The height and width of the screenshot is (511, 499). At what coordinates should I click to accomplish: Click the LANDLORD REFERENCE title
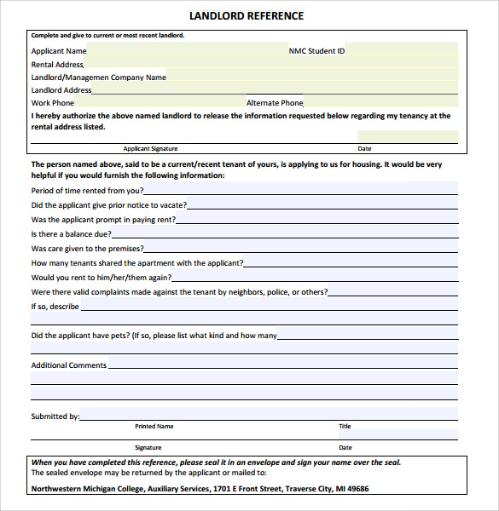pos(246,16)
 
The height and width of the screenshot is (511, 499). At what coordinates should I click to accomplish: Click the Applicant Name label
pos(59,51)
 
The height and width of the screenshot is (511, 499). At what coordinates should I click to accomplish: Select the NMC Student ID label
pos(316,51)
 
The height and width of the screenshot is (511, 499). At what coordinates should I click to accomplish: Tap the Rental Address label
pos(57,65)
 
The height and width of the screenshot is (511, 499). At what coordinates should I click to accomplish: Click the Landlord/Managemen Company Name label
pos(98,78)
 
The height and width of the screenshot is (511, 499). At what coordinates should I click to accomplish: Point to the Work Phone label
pos(53,103)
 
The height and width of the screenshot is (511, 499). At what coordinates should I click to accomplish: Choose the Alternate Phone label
pos(275,103)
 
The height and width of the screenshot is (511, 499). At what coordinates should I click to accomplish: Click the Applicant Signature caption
pos(150,148)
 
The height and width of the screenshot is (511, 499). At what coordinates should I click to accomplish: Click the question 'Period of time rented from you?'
pos(87,191)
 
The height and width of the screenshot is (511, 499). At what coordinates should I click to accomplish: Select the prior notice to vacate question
pos(108,205)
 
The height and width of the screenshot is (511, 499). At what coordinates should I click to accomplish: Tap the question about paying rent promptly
pos(103,220)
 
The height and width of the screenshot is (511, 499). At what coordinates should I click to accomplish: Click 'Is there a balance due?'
pos(71,234)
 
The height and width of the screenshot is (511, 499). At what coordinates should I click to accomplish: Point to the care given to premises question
pos(87,249)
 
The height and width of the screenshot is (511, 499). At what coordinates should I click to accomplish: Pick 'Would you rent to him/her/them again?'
pos(102,278)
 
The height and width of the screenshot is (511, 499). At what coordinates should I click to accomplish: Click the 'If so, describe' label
pos(55,307)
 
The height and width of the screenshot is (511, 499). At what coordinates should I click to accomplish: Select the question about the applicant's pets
pos(154,336)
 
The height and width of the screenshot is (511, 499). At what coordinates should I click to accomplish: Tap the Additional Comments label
pos(69,365)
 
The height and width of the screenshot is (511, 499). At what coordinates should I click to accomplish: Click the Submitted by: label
pos(55,416)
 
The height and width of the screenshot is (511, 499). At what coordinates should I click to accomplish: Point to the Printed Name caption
pos(154,426)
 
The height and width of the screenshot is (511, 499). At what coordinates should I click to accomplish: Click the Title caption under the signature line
pos(345,426)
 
